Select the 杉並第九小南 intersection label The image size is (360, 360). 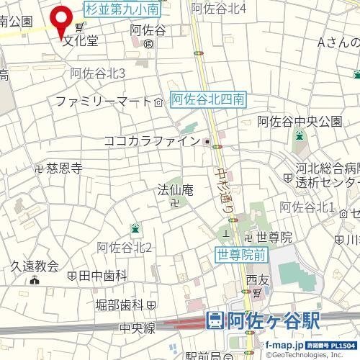[122, 9]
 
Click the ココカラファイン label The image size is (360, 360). [151, 141]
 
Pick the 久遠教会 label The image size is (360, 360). [33, 266]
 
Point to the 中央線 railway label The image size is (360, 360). [138, 328]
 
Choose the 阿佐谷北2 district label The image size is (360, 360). [124, 248]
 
